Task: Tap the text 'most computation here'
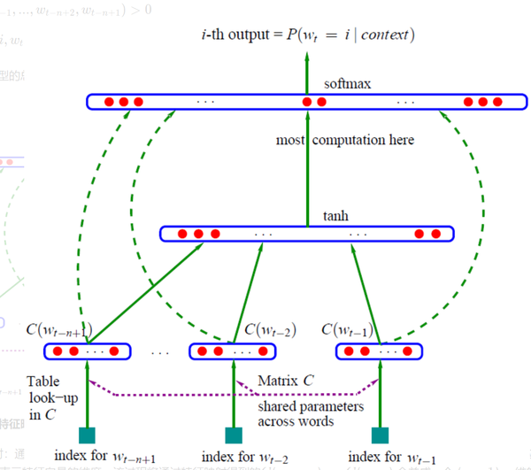pos(345,140)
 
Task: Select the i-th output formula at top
pos(309,35)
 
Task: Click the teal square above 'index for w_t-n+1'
pos(86,435)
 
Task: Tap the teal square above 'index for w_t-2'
pos(233,435)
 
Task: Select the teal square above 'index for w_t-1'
pos(380,435)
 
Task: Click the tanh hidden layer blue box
pos(306,235)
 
